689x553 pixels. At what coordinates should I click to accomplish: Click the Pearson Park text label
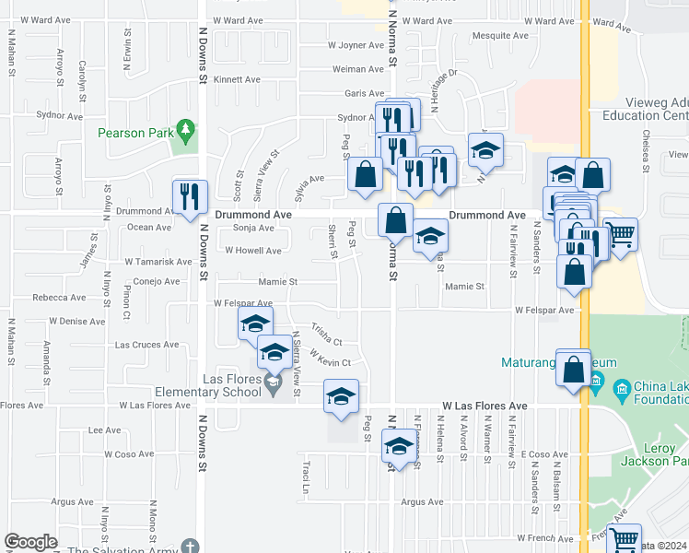(134, 133)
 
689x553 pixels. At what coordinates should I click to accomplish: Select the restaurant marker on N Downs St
(191, 197)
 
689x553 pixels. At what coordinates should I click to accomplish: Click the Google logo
(30, 541)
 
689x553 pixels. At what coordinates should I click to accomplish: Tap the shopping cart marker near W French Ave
(625, 538)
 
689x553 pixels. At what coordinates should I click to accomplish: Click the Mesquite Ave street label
(499, 36)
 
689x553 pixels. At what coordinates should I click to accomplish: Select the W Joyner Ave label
(356, 45)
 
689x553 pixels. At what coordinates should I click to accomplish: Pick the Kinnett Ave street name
(237, 79)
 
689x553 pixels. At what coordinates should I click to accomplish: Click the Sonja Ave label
(253, 228)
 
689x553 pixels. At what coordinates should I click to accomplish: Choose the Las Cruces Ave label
(146, 345)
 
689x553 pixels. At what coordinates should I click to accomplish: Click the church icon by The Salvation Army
(189, 547)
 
